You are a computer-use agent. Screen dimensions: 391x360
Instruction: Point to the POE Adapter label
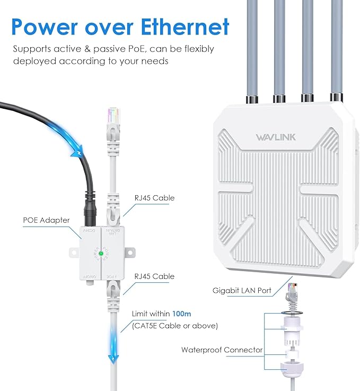(46, 220)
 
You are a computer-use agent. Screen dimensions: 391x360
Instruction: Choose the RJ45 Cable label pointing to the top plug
(153, 198)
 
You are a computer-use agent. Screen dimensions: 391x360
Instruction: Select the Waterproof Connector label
(222, 350)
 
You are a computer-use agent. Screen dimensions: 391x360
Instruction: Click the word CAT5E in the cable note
(149, 325)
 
